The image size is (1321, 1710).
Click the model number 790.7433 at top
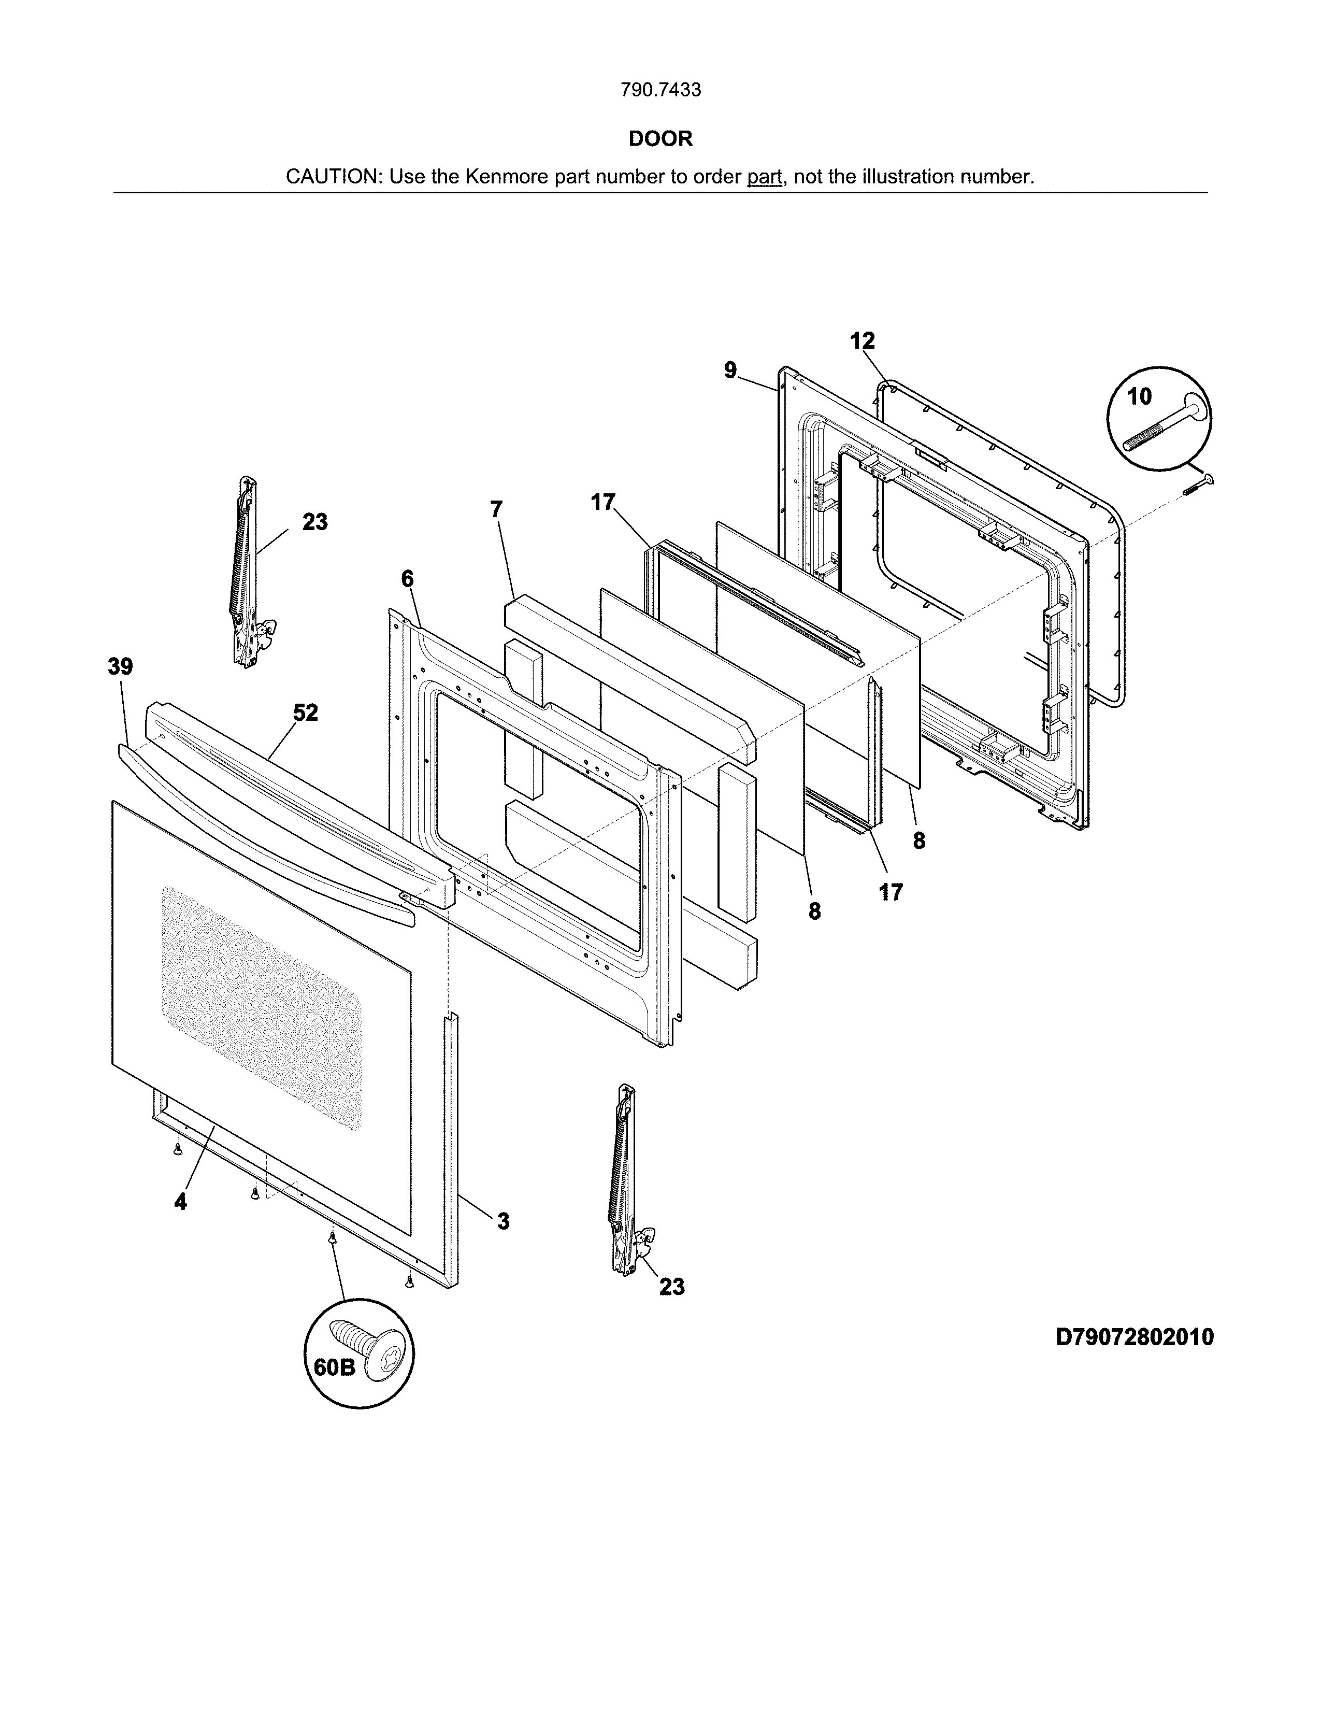[x=660, y=90]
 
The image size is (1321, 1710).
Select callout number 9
[x=730, y=370]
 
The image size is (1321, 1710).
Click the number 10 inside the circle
[x=1140, y=397]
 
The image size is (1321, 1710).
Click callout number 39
[x=121, y=667]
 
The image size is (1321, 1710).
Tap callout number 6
[x=407, y=579]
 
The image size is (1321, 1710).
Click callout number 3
[x=503, y=1221]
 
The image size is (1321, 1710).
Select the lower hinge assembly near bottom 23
[x=625, y=1182]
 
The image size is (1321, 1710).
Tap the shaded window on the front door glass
[x=262, y=1010]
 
